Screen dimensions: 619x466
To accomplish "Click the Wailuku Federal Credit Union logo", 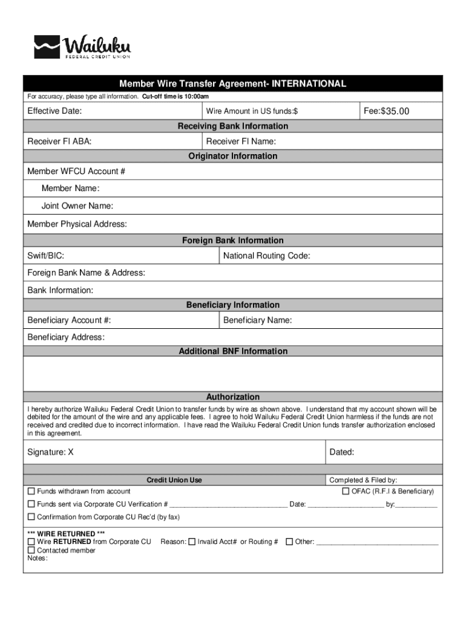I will pos(82,47).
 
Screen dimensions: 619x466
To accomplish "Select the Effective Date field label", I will pos(54,111).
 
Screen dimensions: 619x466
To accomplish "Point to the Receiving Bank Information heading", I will pos(232,126).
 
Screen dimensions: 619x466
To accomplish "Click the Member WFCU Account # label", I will pos(76,172).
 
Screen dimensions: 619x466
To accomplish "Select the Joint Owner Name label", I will pos(77,206).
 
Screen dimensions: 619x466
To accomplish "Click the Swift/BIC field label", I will pos(46,256).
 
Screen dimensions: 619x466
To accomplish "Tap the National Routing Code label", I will pos(266,256).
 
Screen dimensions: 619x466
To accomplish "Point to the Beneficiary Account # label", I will pos(69,320).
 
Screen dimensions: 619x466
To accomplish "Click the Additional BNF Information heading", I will pos(233,351).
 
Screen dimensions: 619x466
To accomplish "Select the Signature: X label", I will pos(50,452).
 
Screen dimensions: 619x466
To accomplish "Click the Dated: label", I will pos(341,452).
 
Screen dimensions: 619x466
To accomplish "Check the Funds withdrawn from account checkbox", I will pos(31,491).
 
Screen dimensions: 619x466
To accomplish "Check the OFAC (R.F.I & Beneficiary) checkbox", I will pos(346,491).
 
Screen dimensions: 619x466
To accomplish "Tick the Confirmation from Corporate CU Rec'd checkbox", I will pos(31,517).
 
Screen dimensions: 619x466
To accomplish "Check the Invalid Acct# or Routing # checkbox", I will pos(192,542).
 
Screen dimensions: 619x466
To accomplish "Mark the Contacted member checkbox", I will pos(31,550).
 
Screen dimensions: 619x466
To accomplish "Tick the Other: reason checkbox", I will pos(289,542).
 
